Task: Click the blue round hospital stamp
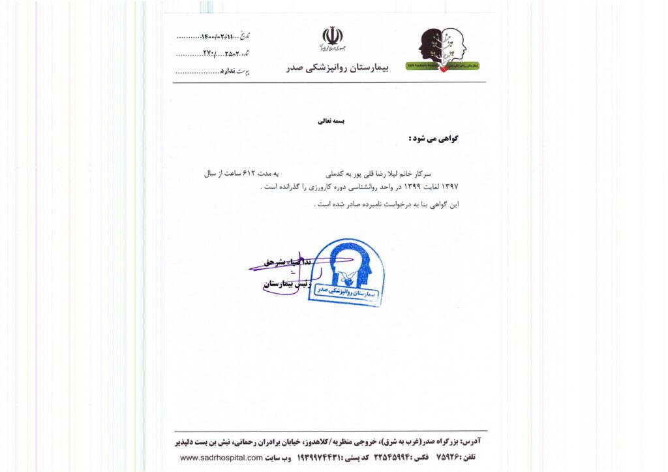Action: pyautogui.click(x=346, y=273)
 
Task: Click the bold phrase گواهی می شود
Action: pyautogui.click(x=433, y=138)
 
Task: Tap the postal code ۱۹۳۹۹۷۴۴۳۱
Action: pyautogui.click(x=320, y=458)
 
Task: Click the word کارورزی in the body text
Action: pyautogui.click(x=304, y=187)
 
